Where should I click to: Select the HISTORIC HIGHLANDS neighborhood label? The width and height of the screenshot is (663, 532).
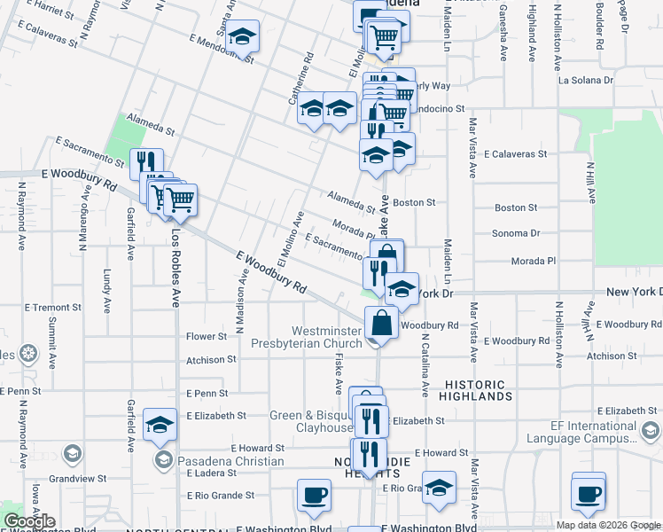click(475, 391)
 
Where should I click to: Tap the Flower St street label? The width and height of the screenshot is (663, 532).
click(207, 337)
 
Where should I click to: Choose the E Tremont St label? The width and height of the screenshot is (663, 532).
click(52, 307)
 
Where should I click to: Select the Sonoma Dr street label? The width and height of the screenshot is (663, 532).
click(517, 234)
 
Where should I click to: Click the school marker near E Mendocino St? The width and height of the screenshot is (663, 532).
click(240, 37)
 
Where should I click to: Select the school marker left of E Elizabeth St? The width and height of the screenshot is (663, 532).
click(160, 426)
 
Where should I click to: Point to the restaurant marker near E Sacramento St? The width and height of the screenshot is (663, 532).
click(145, 163)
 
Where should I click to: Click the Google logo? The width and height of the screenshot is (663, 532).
click(29, 521)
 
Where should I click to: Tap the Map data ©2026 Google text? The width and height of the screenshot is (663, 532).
click(608, 525)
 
